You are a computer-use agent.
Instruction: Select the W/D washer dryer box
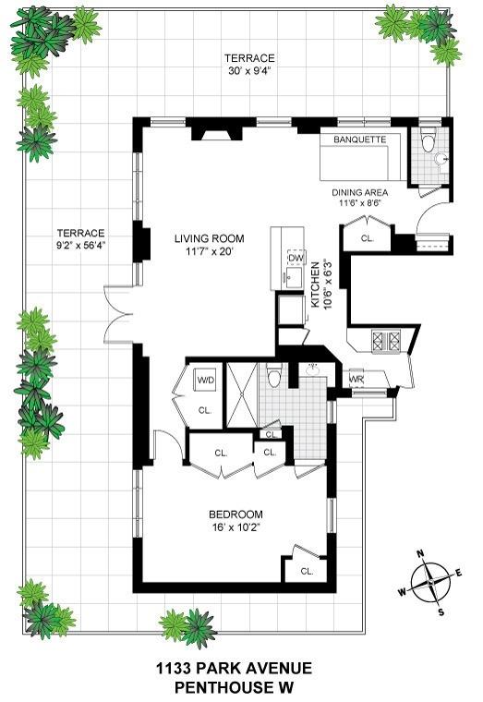click(204, 379)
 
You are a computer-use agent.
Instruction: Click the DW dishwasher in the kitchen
click(296, 258)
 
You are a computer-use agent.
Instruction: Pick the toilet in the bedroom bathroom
click(272, 378)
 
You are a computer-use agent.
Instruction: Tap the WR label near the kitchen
click(357, 379)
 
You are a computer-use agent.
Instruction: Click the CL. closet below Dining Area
click(367, 238)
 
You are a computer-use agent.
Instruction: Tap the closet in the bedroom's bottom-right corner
click(306, 571)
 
